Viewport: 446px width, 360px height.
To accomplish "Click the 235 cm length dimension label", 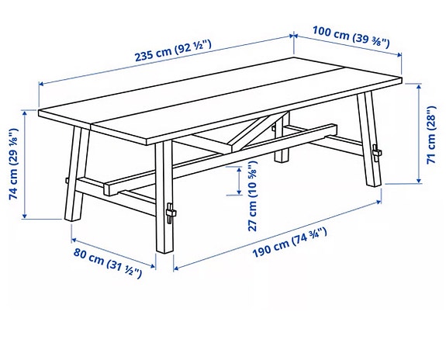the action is (x=173, y=51).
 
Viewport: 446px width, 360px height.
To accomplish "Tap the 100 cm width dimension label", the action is (x=351, y=37).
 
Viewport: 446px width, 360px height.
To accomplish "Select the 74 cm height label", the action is (x=14, y=164).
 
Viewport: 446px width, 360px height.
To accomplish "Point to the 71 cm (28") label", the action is (x=431, y=134).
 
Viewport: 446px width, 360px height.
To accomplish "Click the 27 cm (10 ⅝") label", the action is (x=253, y=196).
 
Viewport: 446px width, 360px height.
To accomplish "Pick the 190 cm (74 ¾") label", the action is (x=289, y=243).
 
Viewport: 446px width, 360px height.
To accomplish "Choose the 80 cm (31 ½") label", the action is (x=108, y=263).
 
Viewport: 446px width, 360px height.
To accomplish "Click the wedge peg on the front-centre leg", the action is (x=171, y=213).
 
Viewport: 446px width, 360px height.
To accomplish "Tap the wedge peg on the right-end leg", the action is (x=377, y=153).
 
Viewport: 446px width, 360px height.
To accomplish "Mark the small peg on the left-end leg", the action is (x=67, y=181).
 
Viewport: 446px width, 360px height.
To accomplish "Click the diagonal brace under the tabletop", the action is (x=259, y=130).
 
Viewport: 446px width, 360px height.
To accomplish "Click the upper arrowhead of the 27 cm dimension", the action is (x=239, y=170).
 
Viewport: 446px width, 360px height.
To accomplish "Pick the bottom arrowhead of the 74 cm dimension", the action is (x=25, y=216).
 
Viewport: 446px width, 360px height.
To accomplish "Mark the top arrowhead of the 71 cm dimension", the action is (x=418, y=87).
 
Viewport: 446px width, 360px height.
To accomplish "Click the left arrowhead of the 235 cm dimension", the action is (x=42, y=84).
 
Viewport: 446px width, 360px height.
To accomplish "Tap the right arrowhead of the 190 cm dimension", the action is (x=379, y=202).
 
